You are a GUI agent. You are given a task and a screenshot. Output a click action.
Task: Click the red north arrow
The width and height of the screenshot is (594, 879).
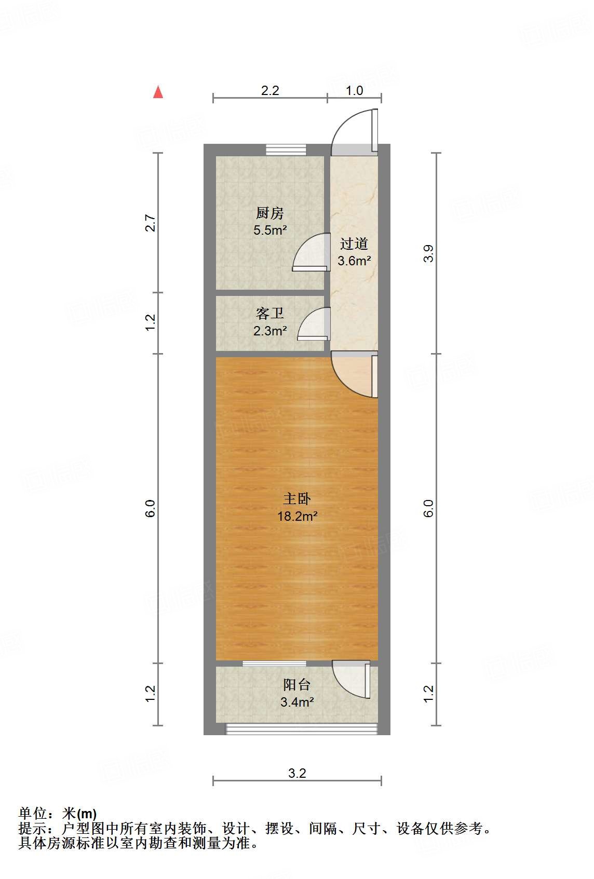coord(158,92)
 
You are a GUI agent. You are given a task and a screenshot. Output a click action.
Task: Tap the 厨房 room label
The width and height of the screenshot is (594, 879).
coord(269,213)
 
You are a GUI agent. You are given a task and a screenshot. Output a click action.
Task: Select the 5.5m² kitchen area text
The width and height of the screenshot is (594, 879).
coord(270,230)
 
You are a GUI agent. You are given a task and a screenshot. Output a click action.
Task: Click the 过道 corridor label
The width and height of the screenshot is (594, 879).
coord(354,243)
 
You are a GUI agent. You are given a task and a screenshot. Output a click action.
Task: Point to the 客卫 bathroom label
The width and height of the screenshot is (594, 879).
coord(269,313)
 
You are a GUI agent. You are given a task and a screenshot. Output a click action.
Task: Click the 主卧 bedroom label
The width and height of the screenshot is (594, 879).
coord(297,498)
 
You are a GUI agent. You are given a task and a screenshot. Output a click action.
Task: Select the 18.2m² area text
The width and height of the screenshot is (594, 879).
coord(297,516)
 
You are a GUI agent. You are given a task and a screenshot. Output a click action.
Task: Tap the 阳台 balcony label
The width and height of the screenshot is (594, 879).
coord(297,684)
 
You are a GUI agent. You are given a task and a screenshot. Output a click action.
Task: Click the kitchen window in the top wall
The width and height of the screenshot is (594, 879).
coord(286,150)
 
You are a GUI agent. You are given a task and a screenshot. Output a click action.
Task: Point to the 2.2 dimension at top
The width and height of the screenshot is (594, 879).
coord(270,90)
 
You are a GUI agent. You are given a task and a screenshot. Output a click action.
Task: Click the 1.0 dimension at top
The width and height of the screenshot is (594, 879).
coord(354,90)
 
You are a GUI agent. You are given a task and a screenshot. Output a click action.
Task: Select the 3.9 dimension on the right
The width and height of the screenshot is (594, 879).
coord(428,253)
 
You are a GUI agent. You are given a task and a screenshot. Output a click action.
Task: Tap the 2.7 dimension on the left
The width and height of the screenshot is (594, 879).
coord(150,223)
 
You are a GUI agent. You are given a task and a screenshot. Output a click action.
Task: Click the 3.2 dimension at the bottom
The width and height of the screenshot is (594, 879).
coord(297,773)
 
